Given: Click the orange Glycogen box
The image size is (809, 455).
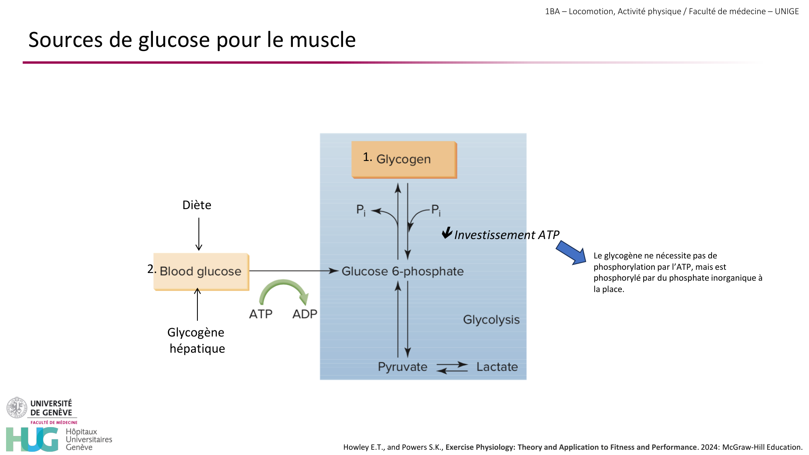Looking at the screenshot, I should (404, 159).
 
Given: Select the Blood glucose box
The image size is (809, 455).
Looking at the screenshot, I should (201, 271).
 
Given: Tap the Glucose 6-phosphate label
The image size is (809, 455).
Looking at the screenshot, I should (402, 271).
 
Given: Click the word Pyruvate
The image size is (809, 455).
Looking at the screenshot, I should (402, 367).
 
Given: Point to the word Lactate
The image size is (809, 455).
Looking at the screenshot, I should (497, 367).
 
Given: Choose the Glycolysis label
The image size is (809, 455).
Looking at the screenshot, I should (491, 320).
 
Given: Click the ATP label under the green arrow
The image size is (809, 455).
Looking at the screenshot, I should (260, 314).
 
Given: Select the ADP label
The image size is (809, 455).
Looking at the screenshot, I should (305, 314).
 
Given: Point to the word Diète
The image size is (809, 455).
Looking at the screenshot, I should (197, 205).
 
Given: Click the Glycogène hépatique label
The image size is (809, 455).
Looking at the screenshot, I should (197, 340).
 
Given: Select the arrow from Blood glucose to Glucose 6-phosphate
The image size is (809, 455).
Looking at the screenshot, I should (294, 271).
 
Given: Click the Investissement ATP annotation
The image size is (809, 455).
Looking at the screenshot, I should (506, 235).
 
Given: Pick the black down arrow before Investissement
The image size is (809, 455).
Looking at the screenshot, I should (447, 233).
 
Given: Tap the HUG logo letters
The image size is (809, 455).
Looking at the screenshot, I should (32, 439).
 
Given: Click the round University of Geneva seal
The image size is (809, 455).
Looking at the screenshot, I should (17, 407).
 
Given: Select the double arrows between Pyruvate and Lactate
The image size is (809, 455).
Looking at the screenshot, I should (452, 367).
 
